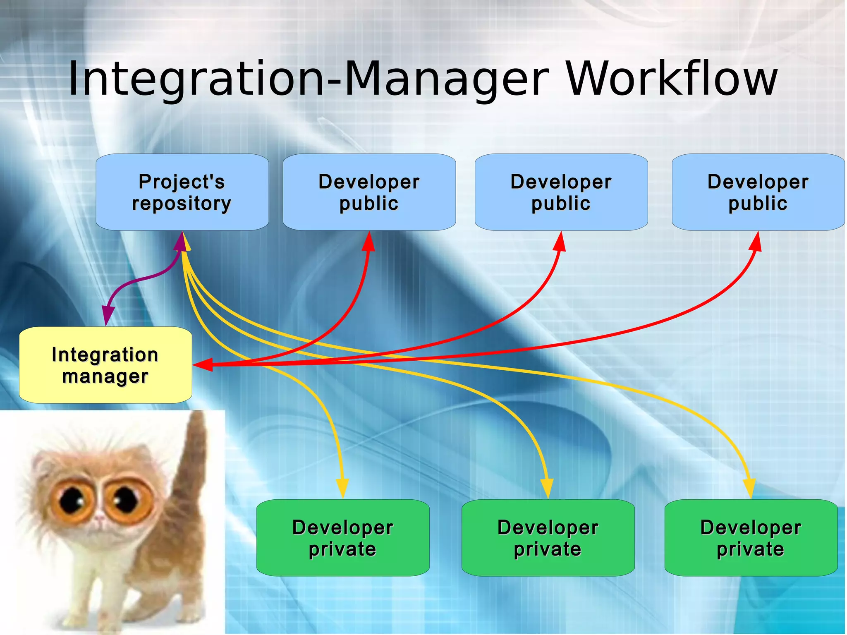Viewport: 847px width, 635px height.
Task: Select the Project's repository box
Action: tap(182, 192)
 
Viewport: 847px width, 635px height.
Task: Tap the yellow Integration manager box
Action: tap(105, 365)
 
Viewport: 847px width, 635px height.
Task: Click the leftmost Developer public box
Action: tap(369, 192)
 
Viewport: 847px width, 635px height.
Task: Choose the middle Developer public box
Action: tap(561, 192)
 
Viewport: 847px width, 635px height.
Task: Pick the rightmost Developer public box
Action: tap(758, 192)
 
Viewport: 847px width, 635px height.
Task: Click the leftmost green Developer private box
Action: tap(342, 537)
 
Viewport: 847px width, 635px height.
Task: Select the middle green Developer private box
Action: tap(548, 537)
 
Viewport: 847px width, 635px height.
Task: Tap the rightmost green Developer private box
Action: tap(751, 537)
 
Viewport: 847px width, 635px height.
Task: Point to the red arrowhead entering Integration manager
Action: tap(203, 364)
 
